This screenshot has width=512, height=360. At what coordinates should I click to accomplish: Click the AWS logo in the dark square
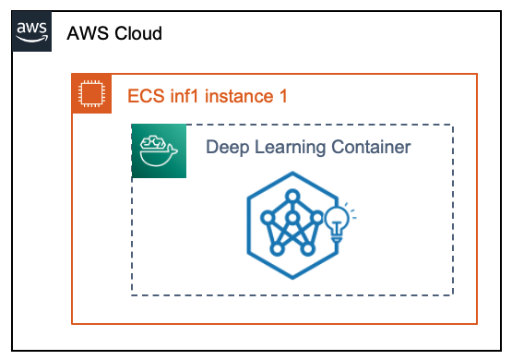31,31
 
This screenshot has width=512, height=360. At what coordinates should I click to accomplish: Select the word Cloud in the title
138,33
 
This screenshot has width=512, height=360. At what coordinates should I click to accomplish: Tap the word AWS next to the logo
88,33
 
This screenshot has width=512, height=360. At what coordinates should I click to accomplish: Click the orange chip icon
91,94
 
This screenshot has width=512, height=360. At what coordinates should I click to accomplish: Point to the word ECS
146,96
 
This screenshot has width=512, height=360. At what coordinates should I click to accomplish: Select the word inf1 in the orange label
184,96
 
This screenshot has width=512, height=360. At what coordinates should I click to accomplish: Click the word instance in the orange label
239,96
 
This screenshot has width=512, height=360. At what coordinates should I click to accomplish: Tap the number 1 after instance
283,96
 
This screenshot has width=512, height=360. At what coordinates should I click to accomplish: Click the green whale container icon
159,151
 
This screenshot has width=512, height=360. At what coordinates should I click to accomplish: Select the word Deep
227,148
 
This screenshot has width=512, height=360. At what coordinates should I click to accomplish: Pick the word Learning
290,148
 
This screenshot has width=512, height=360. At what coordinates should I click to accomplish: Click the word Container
371,147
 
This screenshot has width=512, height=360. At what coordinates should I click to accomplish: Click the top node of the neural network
292,197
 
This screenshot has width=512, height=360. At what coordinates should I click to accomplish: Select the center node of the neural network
292,217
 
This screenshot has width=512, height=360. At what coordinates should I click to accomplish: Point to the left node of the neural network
268,218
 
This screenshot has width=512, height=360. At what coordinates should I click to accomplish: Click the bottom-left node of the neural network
278,249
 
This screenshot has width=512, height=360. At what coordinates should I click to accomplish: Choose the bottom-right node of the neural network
307,249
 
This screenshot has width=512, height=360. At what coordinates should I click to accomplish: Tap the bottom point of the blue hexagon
292,279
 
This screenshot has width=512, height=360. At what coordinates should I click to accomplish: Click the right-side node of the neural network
317,218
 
